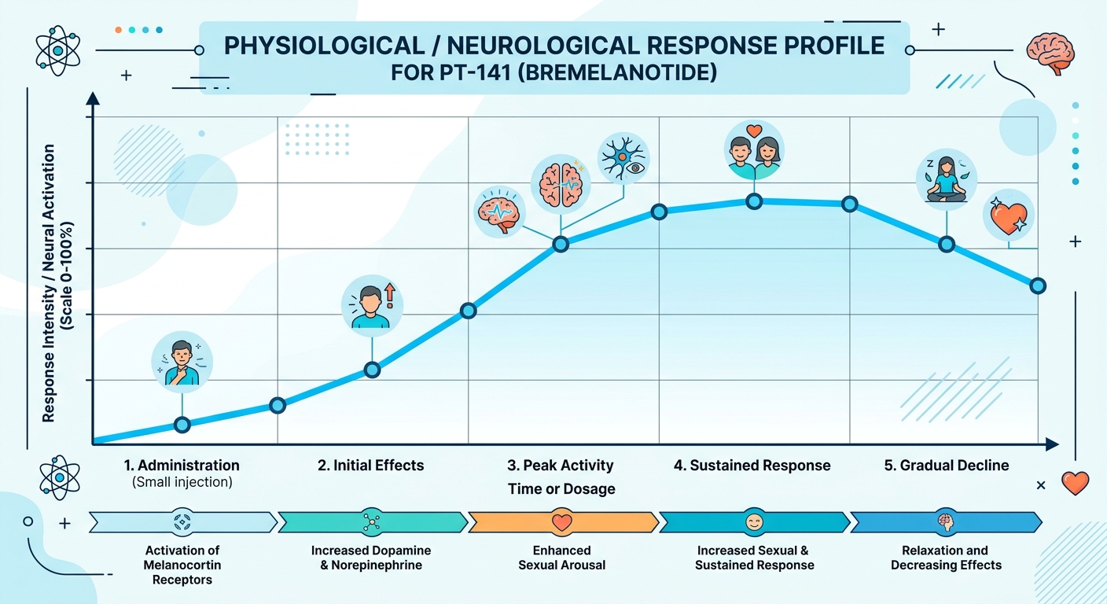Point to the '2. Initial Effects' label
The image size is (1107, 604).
[x=371, y=466]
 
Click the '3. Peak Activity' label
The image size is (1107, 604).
[x=561, y=466]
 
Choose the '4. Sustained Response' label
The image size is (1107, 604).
[x=752, y=466]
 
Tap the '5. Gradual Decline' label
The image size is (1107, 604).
[x=947, y=466]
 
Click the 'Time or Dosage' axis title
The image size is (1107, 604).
[x=561, y=489]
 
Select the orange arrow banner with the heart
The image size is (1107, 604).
[x=563, y=521]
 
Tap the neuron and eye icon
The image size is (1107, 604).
[x=623, y=157]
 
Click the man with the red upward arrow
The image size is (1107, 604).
[x=373, y=302]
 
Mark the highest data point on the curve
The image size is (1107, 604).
[x=754, y=201]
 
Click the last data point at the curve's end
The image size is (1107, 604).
[x=1038, y=285]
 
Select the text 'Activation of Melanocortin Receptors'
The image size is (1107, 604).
[x=182, y=565]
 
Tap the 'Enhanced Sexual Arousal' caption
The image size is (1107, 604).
[x=561, y=558]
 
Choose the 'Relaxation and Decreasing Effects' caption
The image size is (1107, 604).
[x=946, y=558]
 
